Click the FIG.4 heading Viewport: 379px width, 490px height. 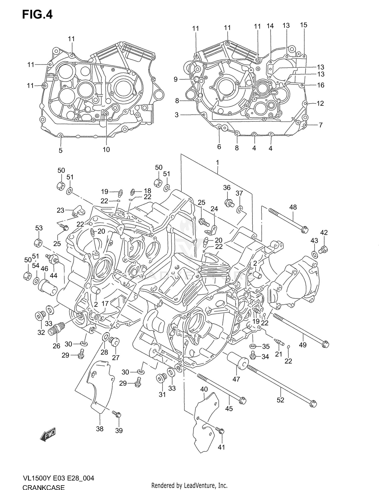coord(37,15)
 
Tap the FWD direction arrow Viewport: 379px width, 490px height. coord(48,434)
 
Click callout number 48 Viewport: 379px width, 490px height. coord(293,207)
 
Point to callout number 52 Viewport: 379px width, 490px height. coord(280,400)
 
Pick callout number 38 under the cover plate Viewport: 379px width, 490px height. coord(100,429)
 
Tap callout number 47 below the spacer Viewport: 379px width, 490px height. coord(236,379)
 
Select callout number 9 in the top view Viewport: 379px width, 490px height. coord(176,80)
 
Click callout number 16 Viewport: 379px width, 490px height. coord(320,85)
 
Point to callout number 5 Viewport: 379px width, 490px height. coord(60,150)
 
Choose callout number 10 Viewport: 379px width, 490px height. coord(106,149)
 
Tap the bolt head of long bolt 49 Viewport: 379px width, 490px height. coord(326,344)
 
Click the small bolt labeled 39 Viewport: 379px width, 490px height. coord(117,414)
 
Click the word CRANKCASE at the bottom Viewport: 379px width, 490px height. coord(43,487)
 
